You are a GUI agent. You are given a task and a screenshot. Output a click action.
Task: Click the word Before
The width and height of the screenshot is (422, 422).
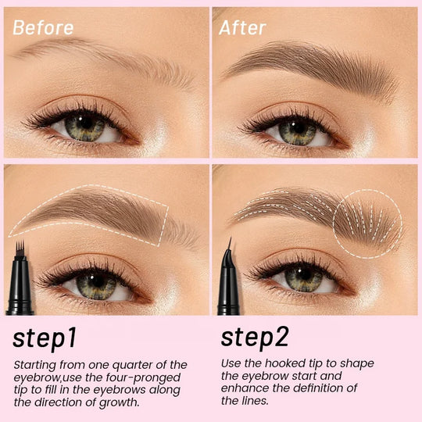(x=43, y=27)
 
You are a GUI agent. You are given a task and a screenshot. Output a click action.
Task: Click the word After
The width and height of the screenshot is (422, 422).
(x=242, y=27)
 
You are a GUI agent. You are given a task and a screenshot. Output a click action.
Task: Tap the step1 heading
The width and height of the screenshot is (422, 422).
(x=45, y=338)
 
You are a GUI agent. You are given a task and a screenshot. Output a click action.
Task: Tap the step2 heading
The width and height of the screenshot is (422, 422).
(x=255, y=338)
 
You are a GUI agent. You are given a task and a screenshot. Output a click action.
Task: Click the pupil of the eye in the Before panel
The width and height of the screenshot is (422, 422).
(x=86, y=123)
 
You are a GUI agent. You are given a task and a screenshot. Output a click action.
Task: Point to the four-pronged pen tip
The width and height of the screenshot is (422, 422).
(x=20, y=248)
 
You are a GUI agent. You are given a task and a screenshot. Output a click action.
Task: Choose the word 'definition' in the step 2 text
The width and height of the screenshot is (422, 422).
(x=320, y=388)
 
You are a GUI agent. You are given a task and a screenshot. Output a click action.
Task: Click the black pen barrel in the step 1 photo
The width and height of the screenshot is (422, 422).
(x=20, y=285)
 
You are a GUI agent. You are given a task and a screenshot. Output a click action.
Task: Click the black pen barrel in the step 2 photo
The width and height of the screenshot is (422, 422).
(x=228, y=285)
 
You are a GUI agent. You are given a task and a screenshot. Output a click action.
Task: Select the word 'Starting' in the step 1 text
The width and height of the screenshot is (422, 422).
(x=34, y=365)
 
